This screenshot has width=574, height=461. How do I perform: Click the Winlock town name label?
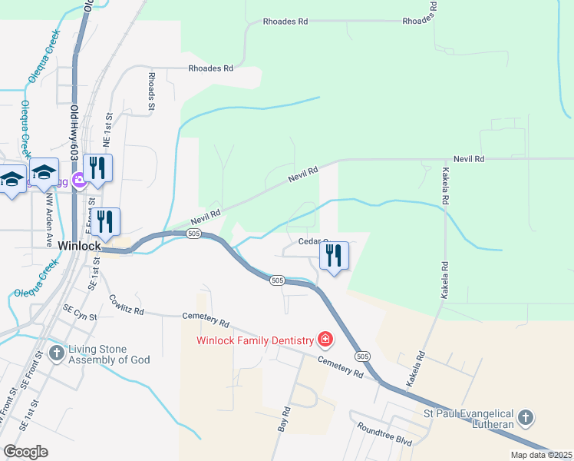click(x=79, y=246)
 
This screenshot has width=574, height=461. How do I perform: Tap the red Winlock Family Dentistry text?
click(x=256, y=340)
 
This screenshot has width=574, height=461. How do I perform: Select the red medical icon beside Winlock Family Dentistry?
click(x=325, y=340)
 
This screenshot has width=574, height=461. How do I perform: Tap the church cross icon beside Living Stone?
click(x=56, y=353)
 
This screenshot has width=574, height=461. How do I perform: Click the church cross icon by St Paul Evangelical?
click(x=525, y=418)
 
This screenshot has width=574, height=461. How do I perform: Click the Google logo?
click(x=25, y=452)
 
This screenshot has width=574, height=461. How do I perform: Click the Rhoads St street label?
click(x=152, y=88)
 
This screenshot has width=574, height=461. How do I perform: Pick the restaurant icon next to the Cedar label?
click(x=334, y=255)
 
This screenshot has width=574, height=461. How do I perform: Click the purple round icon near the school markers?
click(x=78, y=181)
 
